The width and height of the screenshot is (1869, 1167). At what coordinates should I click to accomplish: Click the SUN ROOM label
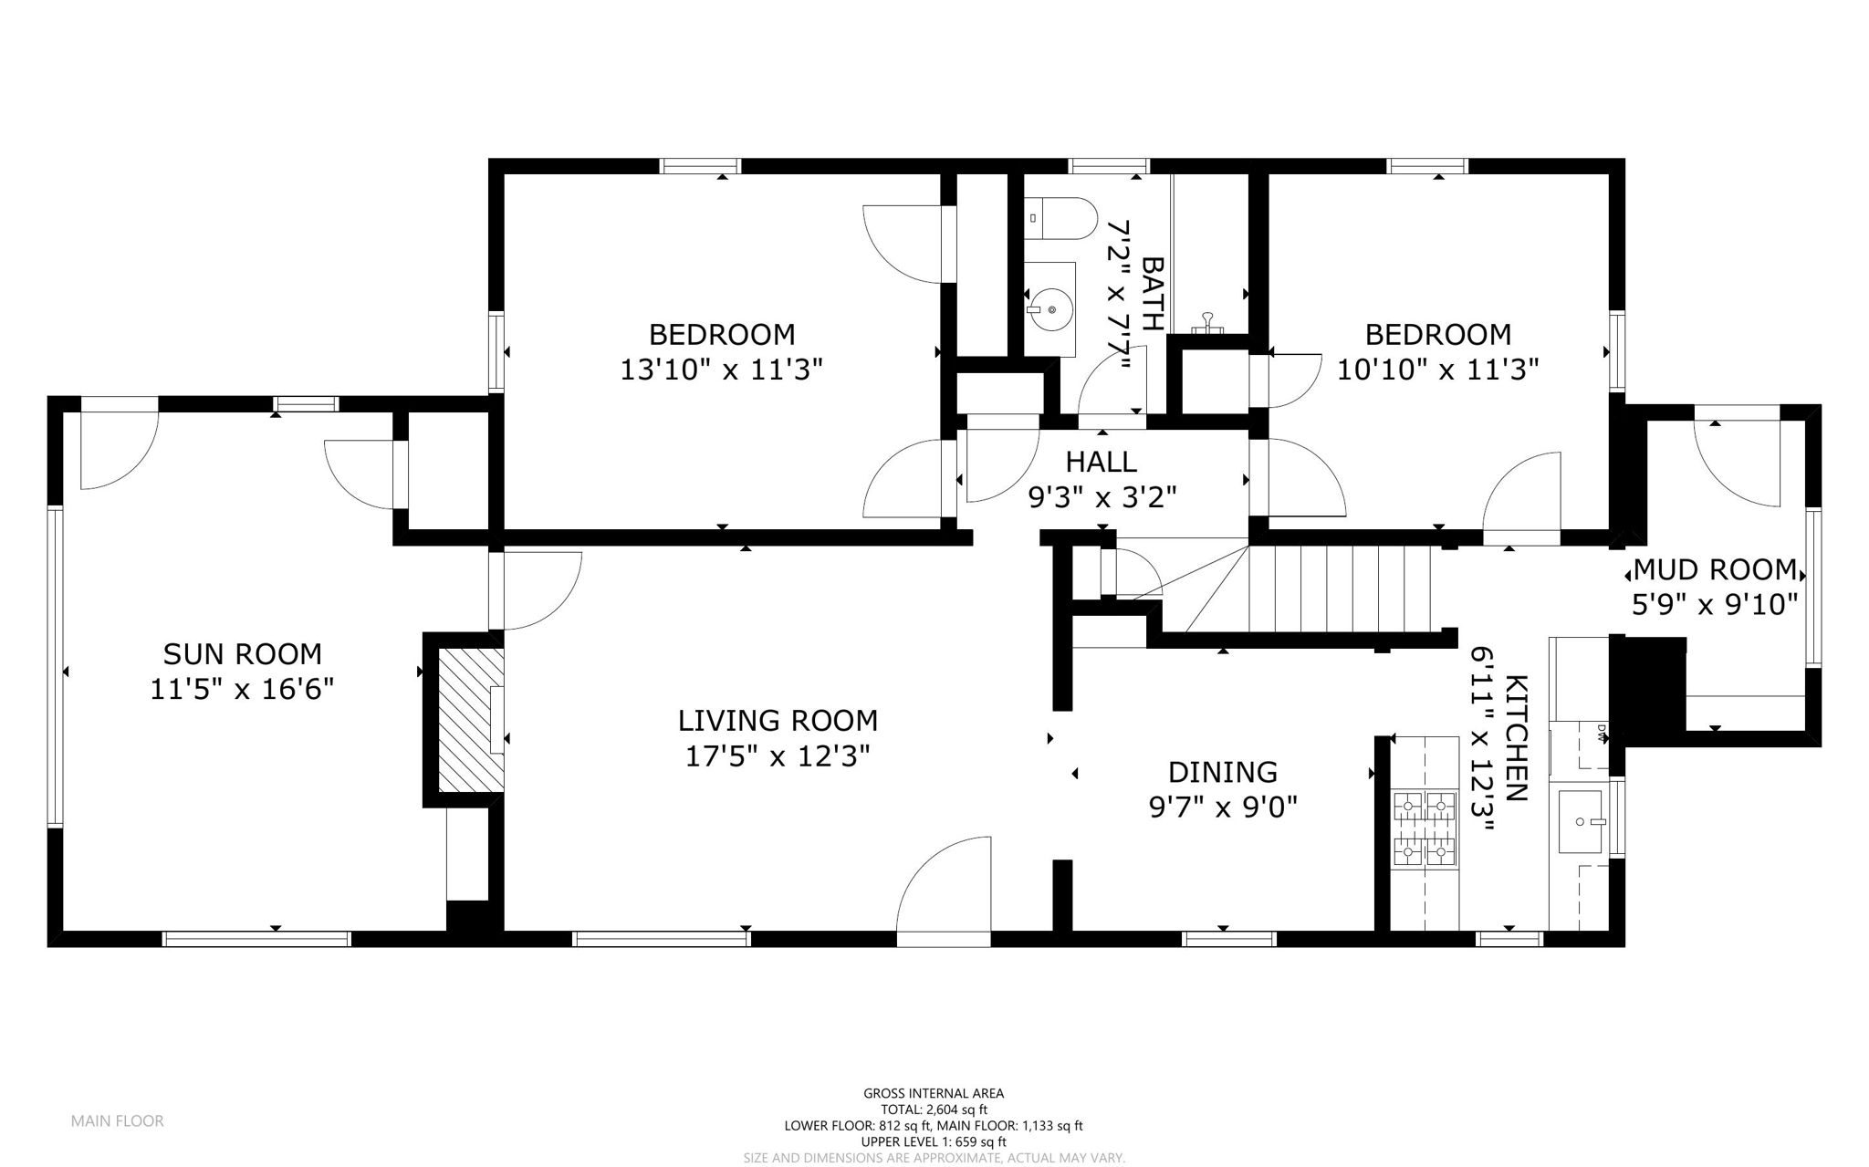click(242, 654)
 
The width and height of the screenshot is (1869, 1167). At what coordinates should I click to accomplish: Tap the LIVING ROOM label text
click(778, 721)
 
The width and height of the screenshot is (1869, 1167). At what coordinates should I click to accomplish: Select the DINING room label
click(1223, 772)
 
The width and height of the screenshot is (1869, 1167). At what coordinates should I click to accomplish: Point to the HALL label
click(1102, 462)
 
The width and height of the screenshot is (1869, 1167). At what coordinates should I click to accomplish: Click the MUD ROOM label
click(1715, 569)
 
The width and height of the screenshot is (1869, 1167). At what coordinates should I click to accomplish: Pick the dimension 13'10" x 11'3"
click(722, 370)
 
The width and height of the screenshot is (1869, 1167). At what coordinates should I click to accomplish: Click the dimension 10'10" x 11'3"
click(1438, 370)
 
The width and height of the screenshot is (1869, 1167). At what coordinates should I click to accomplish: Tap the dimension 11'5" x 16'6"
click(242, 689)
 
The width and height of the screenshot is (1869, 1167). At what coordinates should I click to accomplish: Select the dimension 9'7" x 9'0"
click(1223, 807)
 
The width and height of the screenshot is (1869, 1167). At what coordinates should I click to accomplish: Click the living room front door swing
click(944, 885)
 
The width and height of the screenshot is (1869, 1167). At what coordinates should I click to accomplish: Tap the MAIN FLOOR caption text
click(118, 1121)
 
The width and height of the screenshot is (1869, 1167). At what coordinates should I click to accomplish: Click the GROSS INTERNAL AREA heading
click(934, 1093)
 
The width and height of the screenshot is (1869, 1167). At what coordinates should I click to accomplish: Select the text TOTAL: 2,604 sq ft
click(934, 1110)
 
